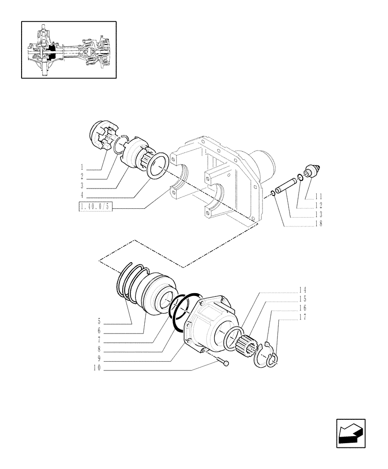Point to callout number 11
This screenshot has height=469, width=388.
[x=319, y=196]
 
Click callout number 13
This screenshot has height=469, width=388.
[x=319, y=214]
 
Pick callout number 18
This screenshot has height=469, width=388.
[x=319, y=224]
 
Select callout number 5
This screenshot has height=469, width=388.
[x=99, y=321]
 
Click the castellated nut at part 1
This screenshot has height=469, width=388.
[x=104, y=136]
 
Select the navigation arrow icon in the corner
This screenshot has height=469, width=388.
[x=350, y=434]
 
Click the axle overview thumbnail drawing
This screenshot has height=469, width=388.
[x=68, y=49]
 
